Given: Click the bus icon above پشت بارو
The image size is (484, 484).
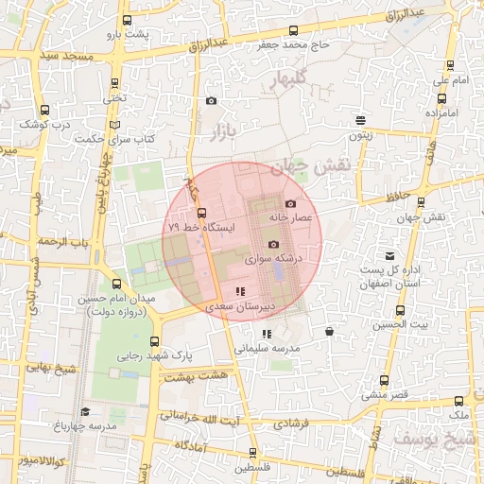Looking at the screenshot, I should (127, 21).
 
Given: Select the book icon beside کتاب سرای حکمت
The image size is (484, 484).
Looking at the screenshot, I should (115, 124).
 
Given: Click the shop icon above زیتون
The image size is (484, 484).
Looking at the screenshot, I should (360, 120).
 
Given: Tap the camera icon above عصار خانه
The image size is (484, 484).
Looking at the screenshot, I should (290, 203).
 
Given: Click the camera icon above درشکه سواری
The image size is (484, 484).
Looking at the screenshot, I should (273, 244).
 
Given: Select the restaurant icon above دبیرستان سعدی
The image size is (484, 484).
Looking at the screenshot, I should (240, 292).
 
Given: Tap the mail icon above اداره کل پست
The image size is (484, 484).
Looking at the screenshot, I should (389, 255).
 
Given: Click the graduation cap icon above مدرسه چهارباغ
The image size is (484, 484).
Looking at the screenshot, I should (85, 411).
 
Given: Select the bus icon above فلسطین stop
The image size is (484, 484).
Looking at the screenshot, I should (251, 453).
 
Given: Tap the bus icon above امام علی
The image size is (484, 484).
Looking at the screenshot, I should (450, 66).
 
